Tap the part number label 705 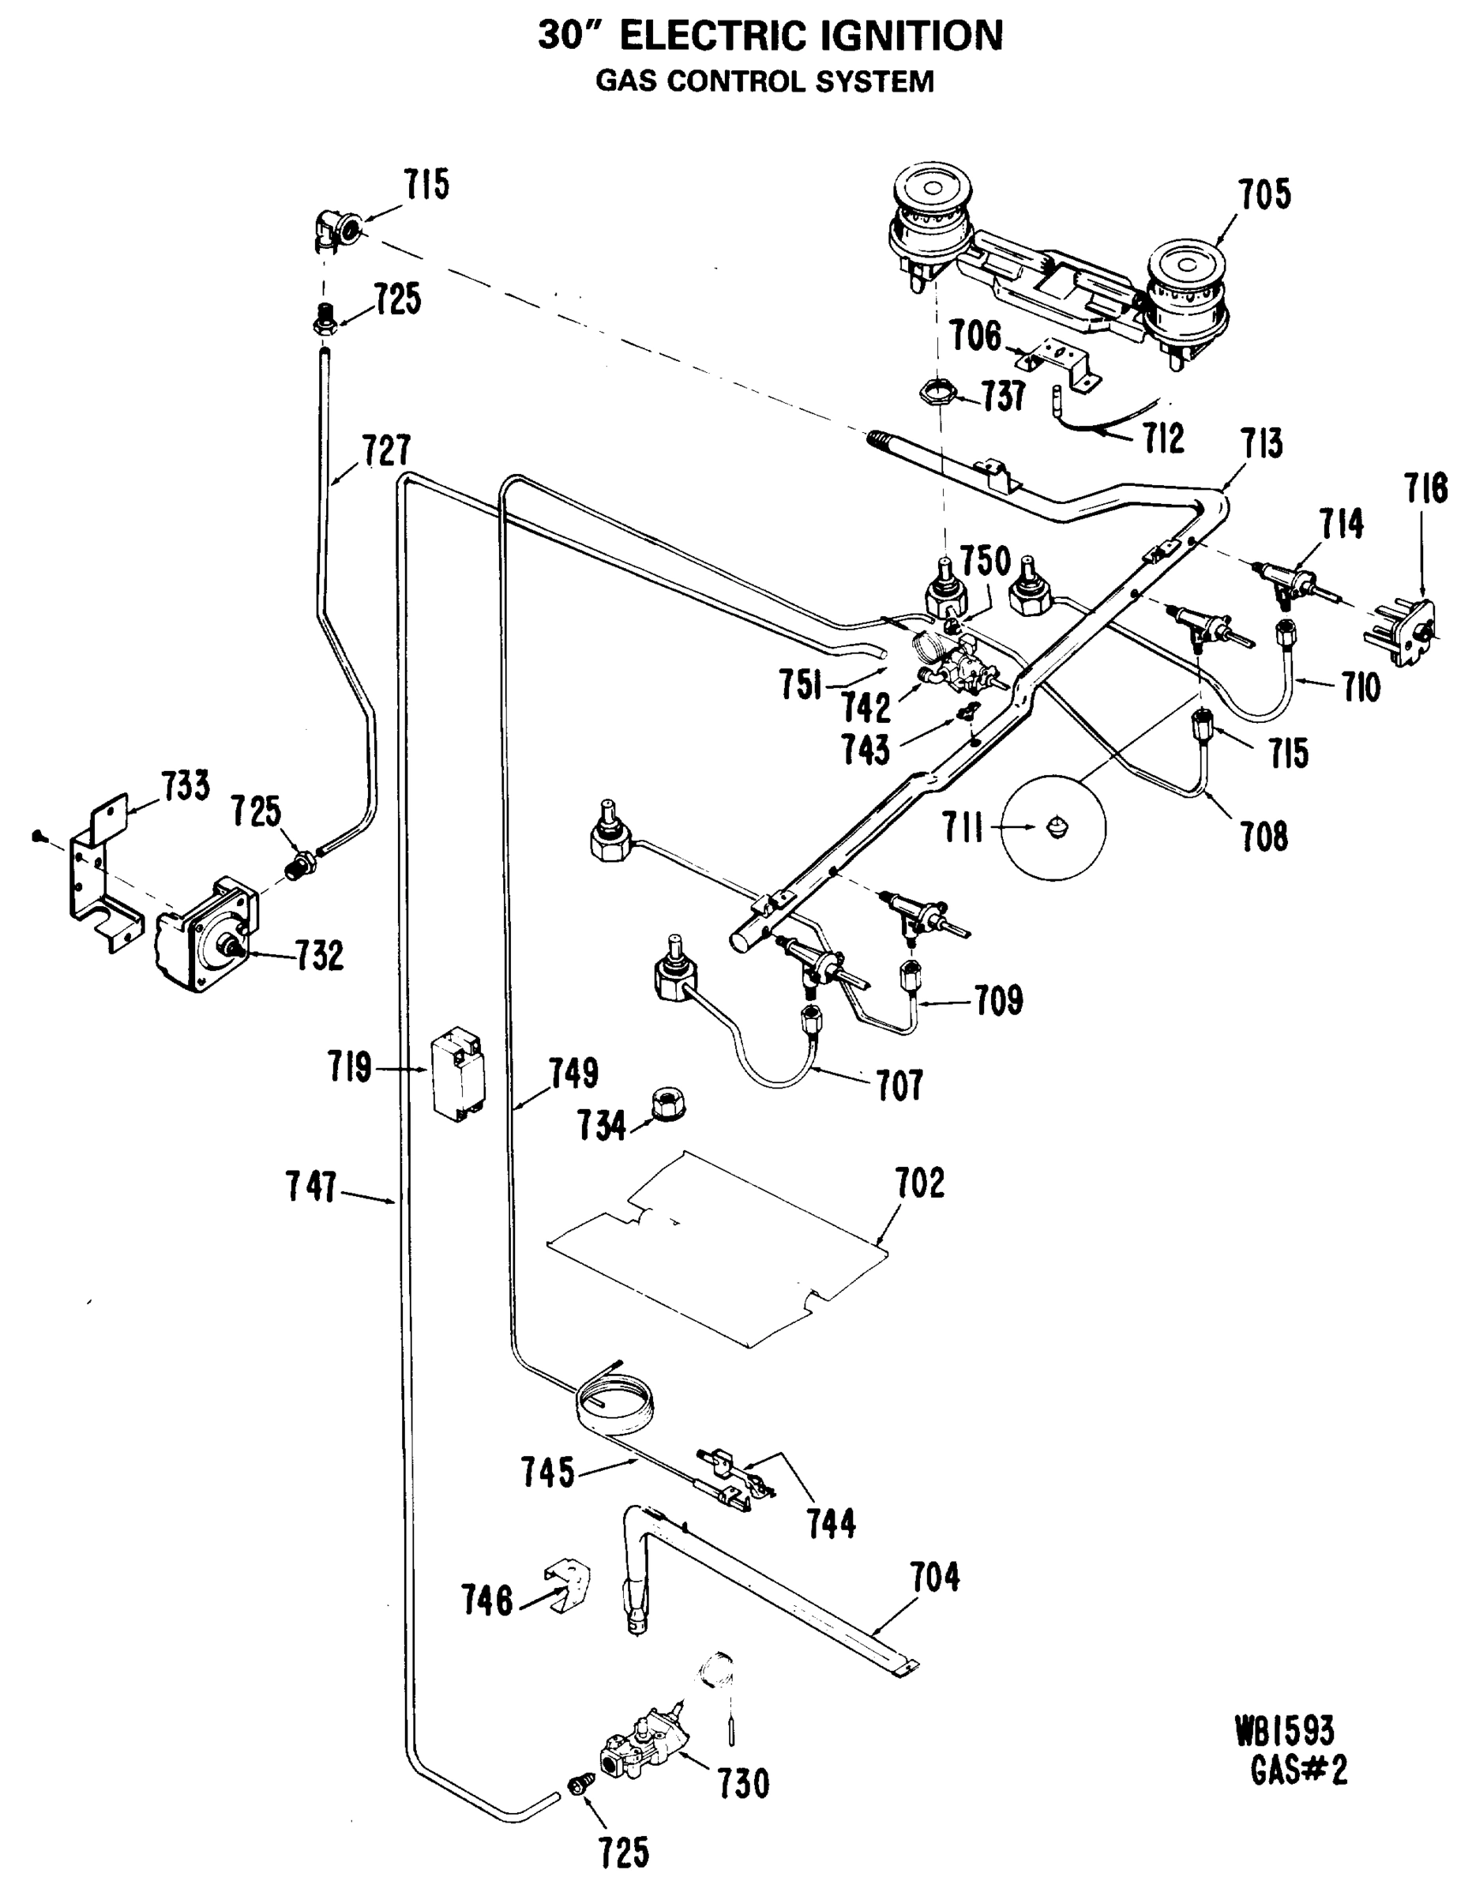coord(1264,195)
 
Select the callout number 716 coord(1426,489)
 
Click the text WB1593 coord(1285,1731)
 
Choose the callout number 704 coord(934,1578)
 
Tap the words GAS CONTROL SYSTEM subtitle coord(764,81)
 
